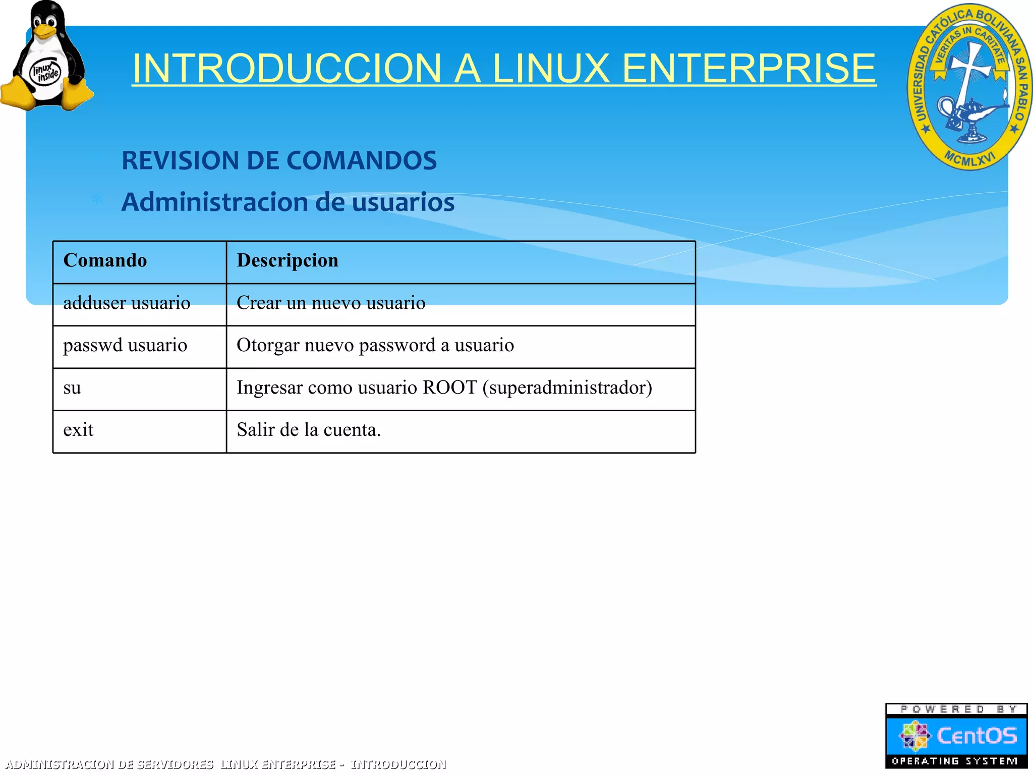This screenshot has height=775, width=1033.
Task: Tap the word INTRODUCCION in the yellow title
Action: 286,68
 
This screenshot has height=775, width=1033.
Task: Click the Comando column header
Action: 105,260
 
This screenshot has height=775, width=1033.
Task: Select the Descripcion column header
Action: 288,260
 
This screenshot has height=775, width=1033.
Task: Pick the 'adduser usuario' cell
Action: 127,303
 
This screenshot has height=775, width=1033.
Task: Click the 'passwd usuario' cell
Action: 125,345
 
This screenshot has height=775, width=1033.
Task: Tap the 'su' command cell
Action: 72,387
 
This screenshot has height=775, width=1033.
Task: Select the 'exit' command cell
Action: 78,430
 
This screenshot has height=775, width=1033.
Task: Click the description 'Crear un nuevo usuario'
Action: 331,303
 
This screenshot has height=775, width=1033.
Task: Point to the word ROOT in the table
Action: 449,387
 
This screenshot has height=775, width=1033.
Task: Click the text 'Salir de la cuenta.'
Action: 309,430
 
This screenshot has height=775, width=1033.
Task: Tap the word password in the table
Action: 397,345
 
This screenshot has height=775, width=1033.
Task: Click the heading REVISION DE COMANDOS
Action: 279,160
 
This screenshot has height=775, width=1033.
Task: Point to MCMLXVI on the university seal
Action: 969,158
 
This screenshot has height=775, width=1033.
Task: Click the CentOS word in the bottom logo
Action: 977,736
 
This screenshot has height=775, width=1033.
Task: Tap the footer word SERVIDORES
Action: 175,764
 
